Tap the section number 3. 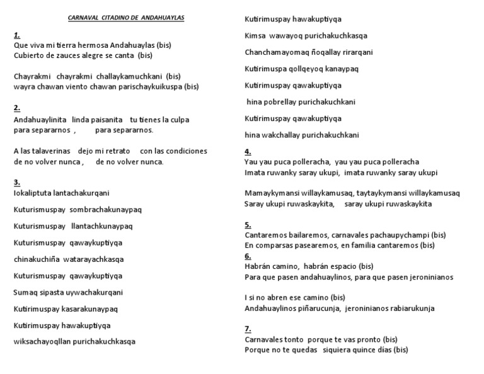pos(16,182)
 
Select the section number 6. pos(247,256)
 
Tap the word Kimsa pos(255,35)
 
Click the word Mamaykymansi pos(271,193)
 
